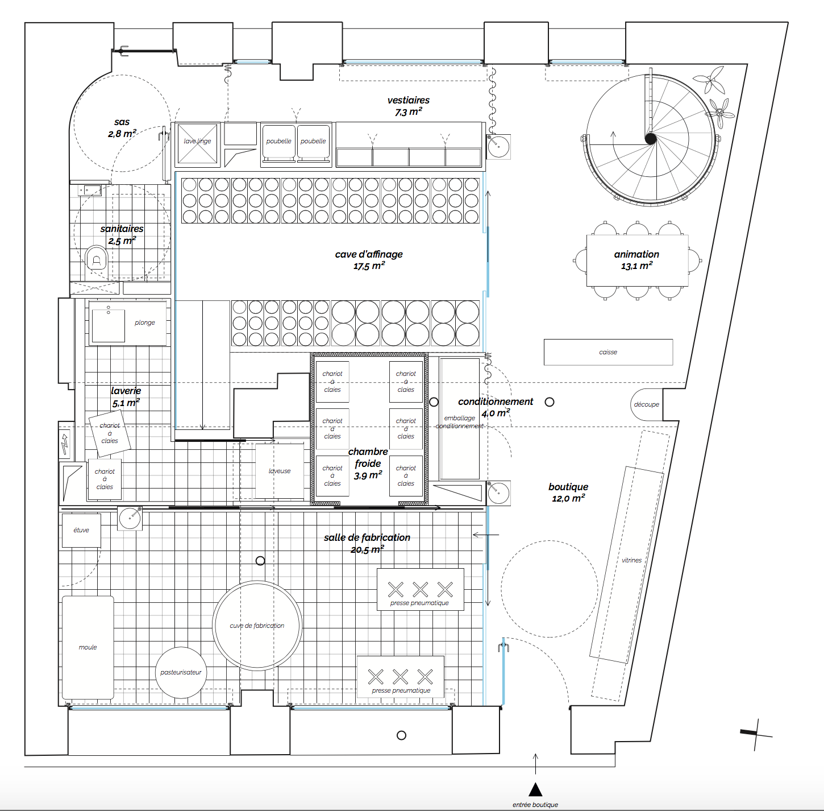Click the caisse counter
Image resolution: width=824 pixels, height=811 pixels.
(x=608, y=352)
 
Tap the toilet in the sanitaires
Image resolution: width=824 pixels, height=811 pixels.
(x=96, y=258)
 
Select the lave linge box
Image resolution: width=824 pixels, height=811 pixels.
(x=197, y=144)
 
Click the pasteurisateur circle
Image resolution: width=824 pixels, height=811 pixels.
(x=181, y=672)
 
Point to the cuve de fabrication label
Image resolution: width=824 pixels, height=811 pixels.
(x=257, y=626)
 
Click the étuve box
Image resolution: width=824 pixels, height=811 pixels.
(x=81, y=530)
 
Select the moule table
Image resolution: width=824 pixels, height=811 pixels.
(x=88, y=647)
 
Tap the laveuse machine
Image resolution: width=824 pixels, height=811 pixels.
(x=280, y=471)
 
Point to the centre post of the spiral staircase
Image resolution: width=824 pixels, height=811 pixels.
(x=650, y=139)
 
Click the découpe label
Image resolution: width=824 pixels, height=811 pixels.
(x=647, y=404)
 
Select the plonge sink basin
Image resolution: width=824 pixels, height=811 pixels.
(x=108, y=325)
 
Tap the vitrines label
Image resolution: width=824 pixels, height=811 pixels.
(x=631, y=560)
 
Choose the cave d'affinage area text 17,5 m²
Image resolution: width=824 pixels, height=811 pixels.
(x=369, y=266)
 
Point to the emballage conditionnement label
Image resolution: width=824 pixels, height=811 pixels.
(x=460, y=422)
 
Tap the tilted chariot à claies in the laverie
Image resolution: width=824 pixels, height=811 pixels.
(x=110, y=433)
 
